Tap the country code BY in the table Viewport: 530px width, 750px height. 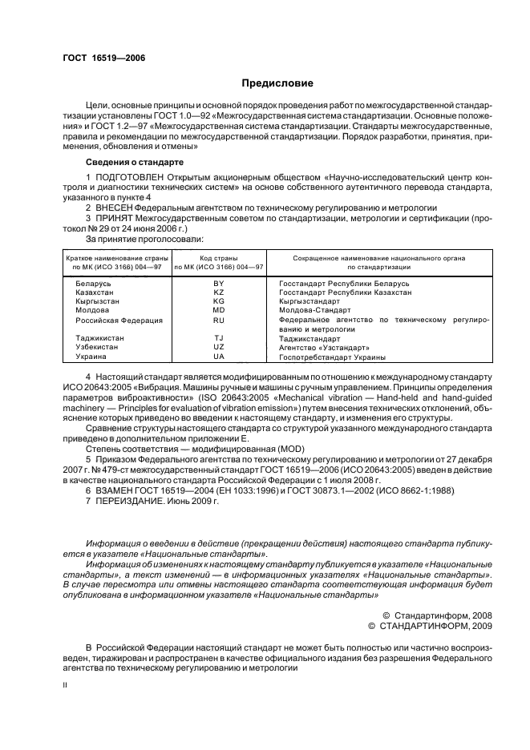pyautogui.click(x=218, y=284)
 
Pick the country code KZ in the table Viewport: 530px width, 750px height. pyautogui.click(x=218, y=293)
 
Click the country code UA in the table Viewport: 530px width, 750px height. pyautogui.click(x=218, y=357)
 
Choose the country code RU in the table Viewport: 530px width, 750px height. pyautogui.click(x=218, y=320)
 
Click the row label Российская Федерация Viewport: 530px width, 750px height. pyautogui.click(x=119, y=320)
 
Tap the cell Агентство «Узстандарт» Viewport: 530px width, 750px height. pyautogui.click(x=324, y=348)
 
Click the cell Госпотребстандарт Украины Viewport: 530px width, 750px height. pyautogui.click(x=332, y=357)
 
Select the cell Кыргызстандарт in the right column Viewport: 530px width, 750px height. pyautogui.click(x=311, y=302)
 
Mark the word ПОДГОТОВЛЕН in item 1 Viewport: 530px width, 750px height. pyautogui.click(x=126, y=175)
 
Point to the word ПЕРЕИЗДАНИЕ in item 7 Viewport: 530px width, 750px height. pyautogui.click(x=128, y=501)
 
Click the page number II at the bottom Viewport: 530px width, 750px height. pyautogui.click(x=67, y=686)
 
